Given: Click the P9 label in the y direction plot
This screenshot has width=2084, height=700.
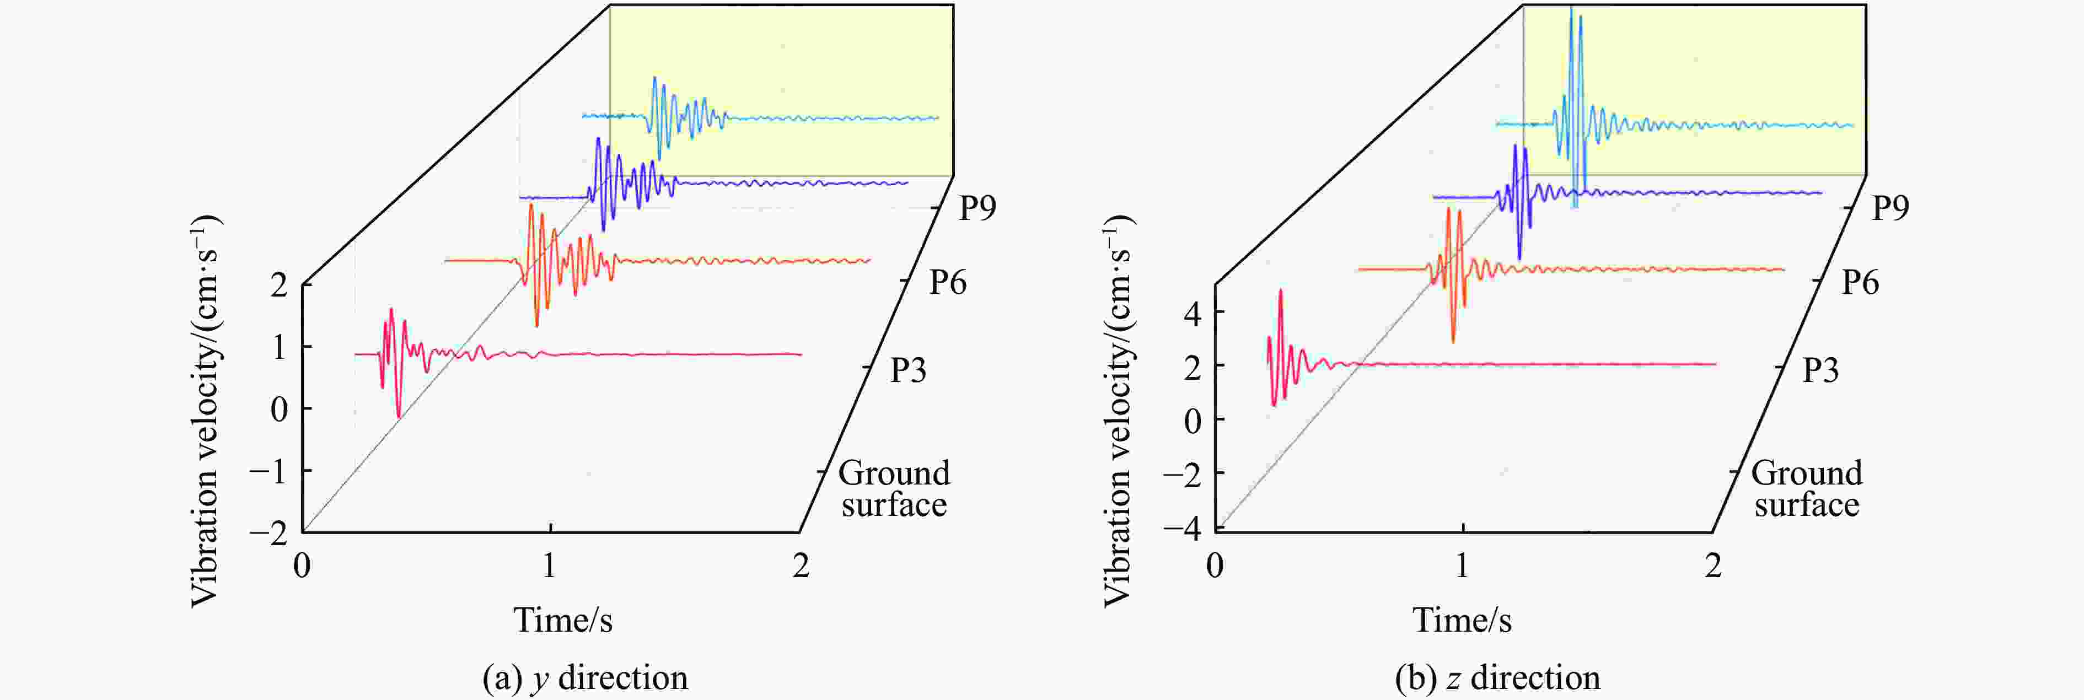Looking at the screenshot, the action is pos(977,208).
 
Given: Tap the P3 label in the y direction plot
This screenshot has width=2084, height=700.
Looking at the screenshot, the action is pos(907,370).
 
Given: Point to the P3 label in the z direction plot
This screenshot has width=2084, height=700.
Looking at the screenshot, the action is pos(1820,370).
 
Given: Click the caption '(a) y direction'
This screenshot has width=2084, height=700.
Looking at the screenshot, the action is pos(585,677).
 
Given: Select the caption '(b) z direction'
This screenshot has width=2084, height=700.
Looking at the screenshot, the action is pos(1497,677).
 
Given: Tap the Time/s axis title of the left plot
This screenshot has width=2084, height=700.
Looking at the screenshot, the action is pos(563,620).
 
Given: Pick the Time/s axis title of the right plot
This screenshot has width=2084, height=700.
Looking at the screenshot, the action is pos(1462,620).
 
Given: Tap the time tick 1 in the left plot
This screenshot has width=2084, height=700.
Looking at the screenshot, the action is pos(549,565).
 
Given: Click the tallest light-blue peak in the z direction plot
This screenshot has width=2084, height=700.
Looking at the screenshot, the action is pos(1571,8).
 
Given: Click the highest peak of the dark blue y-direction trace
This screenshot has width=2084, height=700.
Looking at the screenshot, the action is pos(599,139).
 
